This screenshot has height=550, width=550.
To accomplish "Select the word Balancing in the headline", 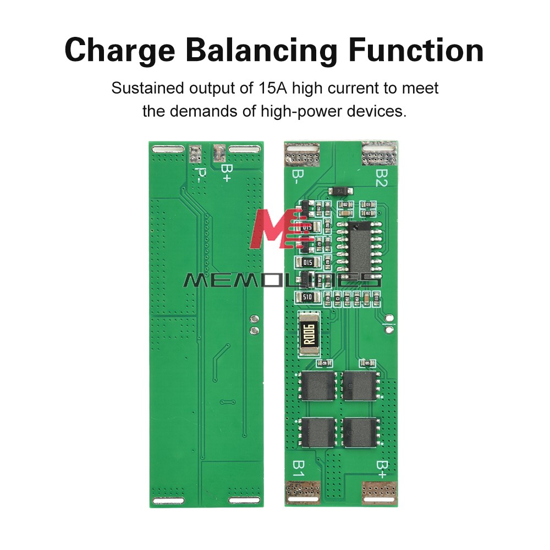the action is click(260, 50).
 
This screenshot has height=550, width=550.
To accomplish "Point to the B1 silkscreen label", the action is click(298, 469).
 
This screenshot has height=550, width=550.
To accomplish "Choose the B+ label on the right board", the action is click(382, 469).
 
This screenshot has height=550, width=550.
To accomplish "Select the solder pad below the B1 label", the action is click(302, 492).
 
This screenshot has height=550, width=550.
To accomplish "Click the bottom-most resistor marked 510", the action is click(305, 298).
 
